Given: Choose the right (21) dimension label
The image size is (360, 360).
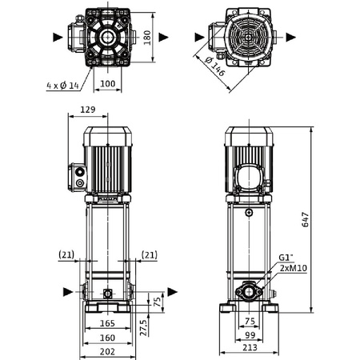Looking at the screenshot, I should point(149,254).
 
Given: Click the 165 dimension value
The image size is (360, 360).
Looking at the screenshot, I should point(106,323).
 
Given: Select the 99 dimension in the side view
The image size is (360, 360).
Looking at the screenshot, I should point(250,336).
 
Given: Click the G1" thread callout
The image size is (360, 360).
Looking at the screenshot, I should point(286,257).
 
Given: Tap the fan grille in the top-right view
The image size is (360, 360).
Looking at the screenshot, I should point(250,37).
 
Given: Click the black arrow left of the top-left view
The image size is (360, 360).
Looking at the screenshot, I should point(56,37).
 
